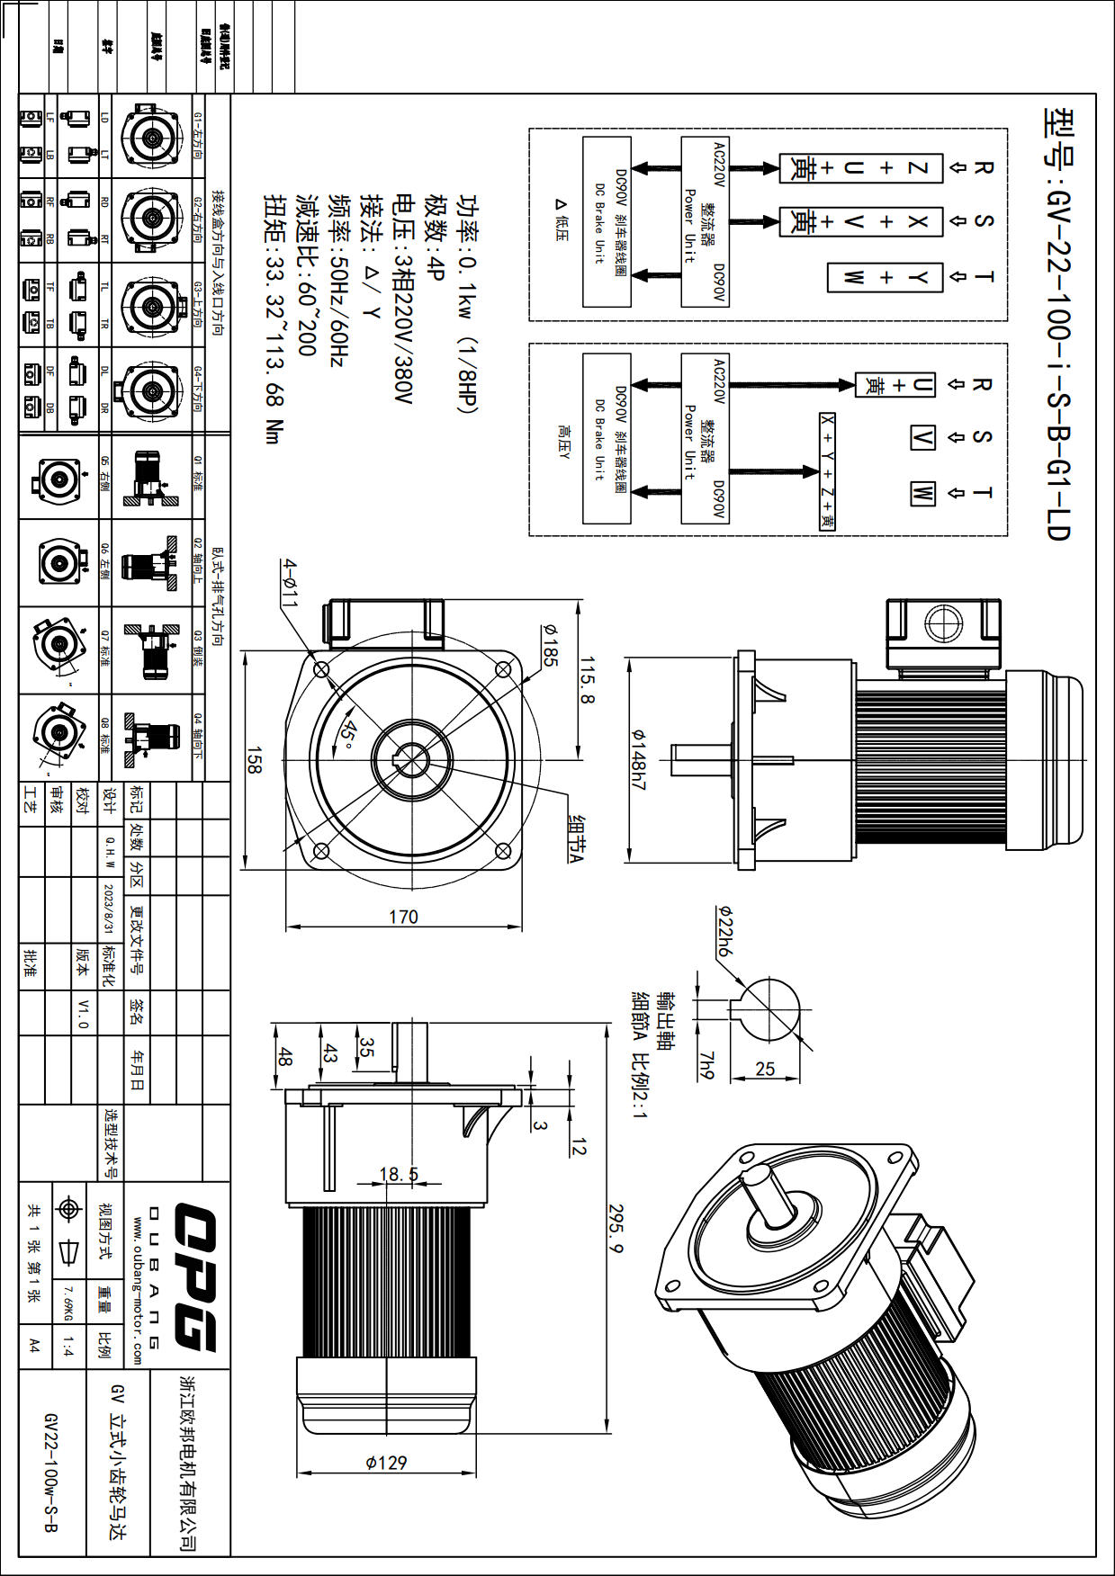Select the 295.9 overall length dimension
pyautogui.click(x=616, y=1229)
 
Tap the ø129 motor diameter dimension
pyautogui.click(x=386, y=1462)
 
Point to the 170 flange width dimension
pyautogui.click(x=403, y=917)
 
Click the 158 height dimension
pyautogui.click(x=255, y=760)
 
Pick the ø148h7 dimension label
pyautogui.click(x=638, y=759)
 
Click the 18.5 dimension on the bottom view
pyautogui.click(x=399, y=1174)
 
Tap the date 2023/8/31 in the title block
pyautogui.click(x=109, y=909)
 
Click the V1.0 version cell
pyautogui.click(x=83, y=1013)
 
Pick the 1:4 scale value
pyautogui.click(x=68, y=1346)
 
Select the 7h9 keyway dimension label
pyautogui.click(x=706, y=1065)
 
